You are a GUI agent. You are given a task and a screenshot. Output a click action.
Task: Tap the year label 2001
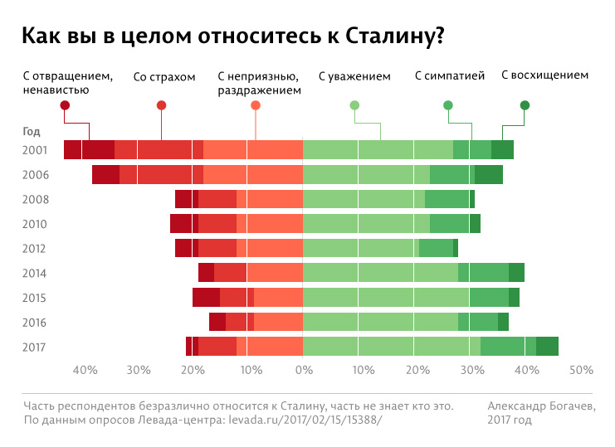[x=36, y=150]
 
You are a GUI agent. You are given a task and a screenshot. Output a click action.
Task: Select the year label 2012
[x=36, y=249]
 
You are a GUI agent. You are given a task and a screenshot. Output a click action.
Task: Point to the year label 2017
[x=36, y=347]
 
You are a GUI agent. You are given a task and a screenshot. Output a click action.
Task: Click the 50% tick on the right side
[x=581, y=370]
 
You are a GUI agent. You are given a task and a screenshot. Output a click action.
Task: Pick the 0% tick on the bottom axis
[x=303, y=370]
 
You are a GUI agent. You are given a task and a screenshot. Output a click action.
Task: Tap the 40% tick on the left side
[x=85, y=370]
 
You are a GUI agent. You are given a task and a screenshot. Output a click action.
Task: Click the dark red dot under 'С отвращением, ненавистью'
[x=66, y=105]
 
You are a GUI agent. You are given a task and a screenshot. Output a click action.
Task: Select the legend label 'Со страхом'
[x=164, y=77]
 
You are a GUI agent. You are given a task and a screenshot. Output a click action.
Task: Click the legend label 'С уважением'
[x=354, y=77]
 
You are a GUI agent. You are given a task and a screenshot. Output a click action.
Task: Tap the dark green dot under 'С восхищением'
[x=525, y=105]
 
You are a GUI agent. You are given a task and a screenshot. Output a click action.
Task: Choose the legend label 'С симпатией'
[x=449, y=77]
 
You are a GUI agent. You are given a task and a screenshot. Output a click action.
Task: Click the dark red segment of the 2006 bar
[x=105, y=174]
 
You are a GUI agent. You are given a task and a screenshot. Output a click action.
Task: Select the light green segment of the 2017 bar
[x=391, y=347]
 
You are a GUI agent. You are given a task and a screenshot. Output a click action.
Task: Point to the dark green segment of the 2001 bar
[x=502, y=150]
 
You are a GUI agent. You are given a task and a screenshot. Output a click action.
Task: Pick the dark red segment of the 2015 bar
[x=206, y=298]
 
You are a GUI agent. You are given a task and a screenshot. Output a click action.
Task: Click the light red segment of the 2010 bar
[x=270, y=224]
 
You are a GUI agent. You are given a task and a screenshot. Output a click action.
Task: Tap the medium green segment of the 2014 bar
[x=483, y=273]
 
